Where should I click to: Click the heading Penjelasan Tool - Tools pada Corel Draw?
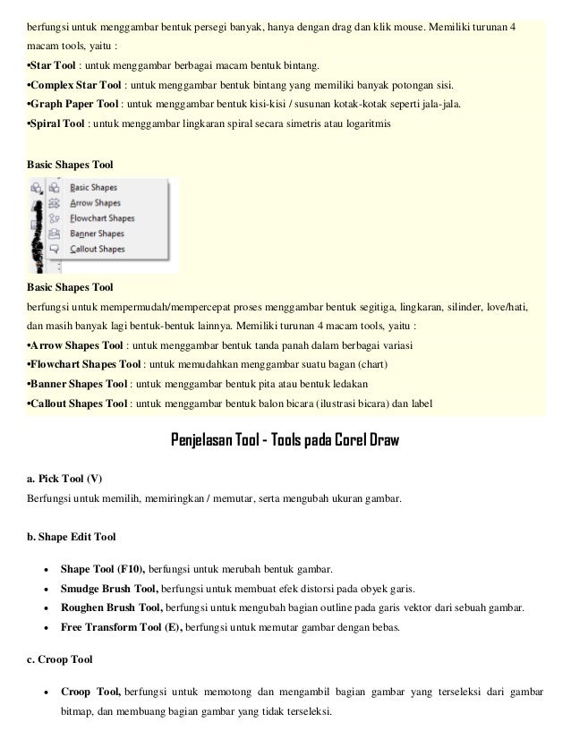click(285, 441)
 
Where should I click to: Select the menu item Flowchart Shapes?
click(102, 217)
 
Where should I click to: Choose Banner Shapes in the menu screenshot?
click(97, 234)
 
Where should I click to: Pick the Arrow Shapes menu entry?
click(95, 203)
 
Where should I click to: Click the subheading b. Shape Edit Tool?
click(72, 537)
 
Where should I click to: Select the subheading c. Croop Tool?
click(61, 661)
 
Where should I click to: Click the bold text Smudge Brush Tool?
click(109, 589)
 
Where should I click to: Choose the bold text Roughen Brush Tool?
click(111, 608)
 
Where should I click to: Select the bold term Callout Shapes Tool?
click(80, 403)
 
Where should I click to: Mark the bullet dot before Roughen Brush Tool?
click(45, 608)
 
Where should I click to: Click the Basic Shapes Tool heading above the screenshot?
click(71, 166)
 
